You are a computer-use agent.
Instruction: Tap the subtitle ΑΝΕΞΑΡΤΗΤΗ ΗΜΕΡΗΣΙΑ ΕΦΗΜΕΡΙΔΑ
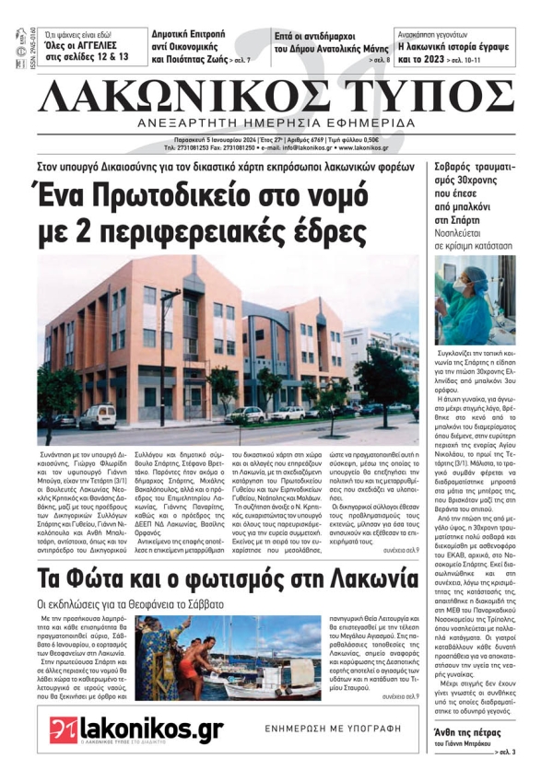[x=276, y=123]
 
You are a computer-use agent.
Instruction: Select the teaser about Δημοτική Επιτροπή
[x=198, y=46]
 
